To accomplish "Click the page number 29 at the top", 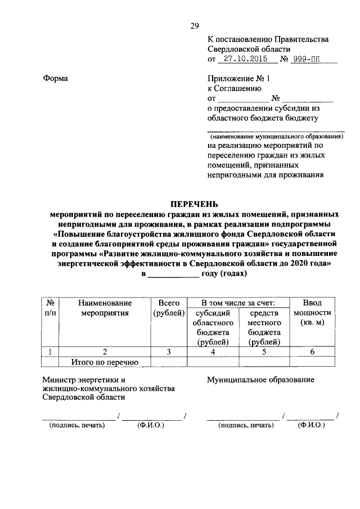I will tap(195, 25).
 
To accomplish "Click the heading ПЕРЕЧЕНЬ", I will tap(194, 204).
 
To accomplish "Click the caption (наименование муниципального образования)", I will tap(276, 136).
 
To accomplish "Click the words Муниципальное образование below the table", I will tap(260, 380).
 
